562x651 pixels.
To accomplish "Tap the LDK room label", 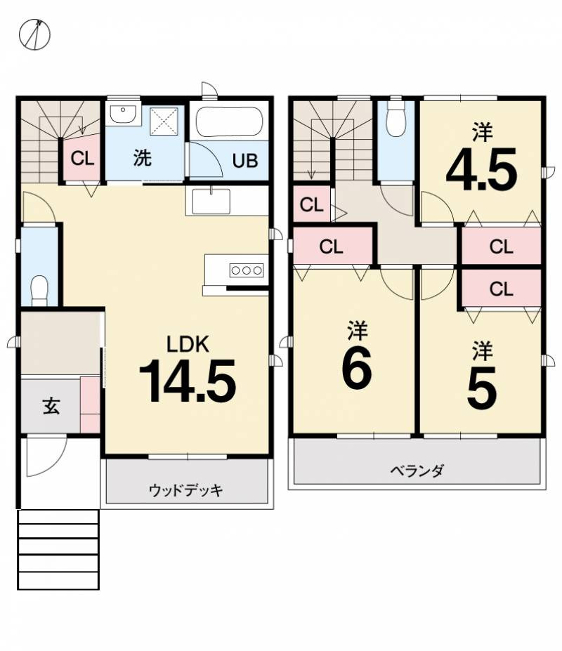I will pos(188,343).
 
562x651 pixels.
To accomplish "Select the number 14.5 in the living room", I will pos(187,381).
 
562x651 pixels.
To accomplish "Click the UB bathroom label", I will pos(245,161).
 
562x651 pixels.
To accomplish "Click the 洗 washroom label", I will pos(143,158).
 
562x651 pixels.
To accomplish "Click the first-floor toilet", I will pos(39,288).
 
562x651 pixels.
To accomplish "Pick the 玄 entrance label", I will pos(51,406).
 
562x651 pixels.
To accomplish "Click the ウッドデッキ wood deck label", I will pos(185,490).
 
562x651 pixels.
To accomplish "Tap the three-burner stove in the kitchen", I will pos(246,270).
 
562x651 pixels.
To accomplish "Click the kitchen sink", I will pos(211,201).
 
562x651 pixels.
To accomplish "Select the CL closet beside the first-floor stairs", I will pos(82,158).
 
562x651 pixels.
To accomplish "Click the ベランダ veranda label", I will pos(417,471).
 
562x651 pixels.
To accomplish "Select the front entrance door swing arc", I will pos(42,456).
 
